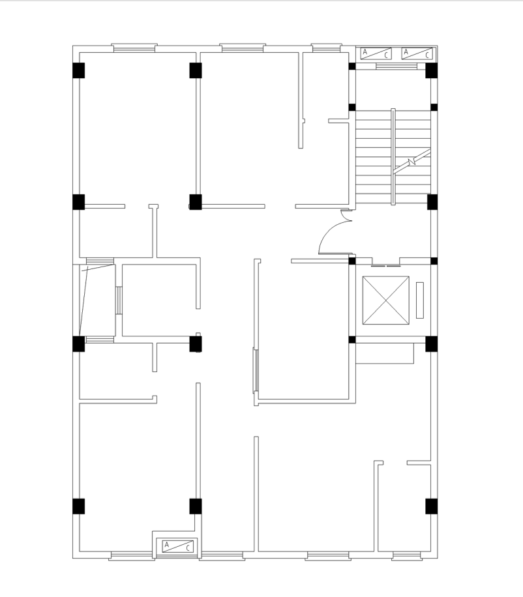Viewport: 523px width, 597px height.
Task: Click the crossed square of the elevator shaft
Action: tap(385, 300)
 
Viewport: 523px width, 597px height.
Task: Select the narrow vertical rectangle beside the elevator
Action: tap(419, 300)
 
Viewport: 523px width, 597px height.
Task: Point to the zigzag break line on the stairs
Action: tap(411, 161)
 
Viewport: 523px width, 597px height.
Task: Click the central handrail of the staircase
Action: tap(393, 156)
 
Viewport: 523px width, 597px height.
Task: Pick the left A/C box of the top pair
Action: tap(376, 53)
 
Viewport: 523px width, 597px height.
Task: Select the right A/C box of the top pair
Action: tap(417, 53)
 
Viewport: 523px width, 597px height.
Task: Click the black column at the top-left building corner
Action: tap(78, 70)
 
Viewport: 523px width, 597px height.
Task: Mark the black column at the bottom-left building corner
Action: tap(78, 506)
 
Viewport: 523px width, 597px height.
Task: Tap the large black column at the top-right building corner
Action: tap(432, 70)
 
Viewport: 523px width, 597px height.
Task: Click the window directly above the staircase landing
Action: tap(396, 66)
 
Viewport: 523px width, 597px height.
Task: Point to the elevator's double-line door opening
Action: tap(385, 266)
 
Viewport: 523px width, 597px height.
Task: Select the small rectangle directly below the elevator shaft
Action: tap(385, 354)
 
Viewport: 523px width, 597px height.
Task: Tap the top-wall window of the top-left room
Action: tap(134, 48)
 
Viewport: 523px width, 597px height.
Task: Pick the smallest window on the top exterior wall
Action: tap(326, 47)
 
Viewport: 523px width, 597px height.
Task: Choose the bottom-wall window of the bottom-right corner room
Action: tap(407, 556)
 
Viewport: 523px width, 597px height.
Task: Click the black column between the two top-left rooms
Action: tap(196, 70)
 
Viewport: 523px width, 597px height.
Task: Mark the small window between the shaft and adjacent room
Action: tap(119, 300)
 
